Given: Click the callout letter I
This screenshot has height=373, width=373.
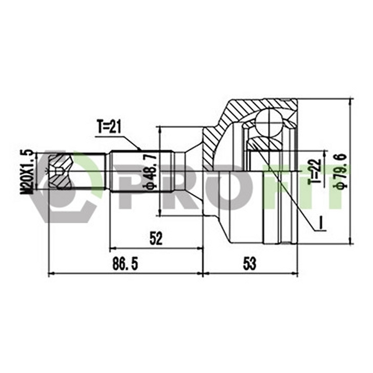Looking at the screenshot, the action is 320,224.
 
